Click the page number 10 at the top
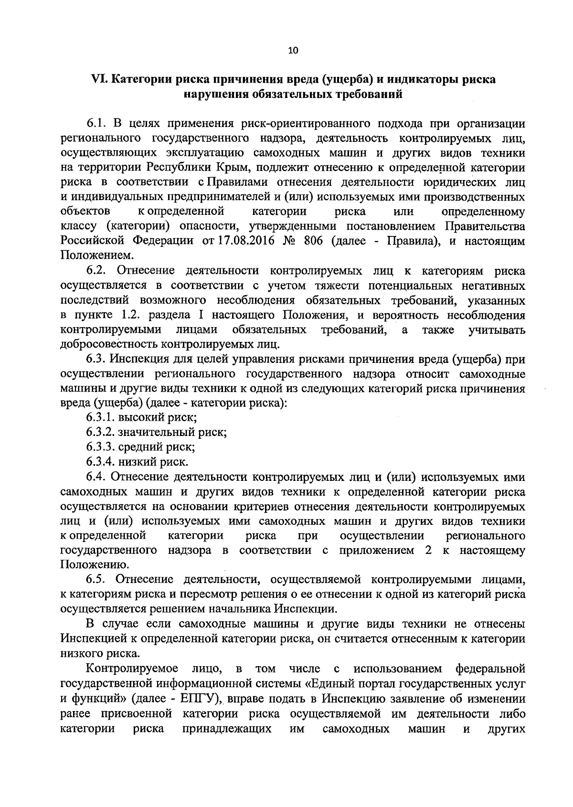tap(293, 51)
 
